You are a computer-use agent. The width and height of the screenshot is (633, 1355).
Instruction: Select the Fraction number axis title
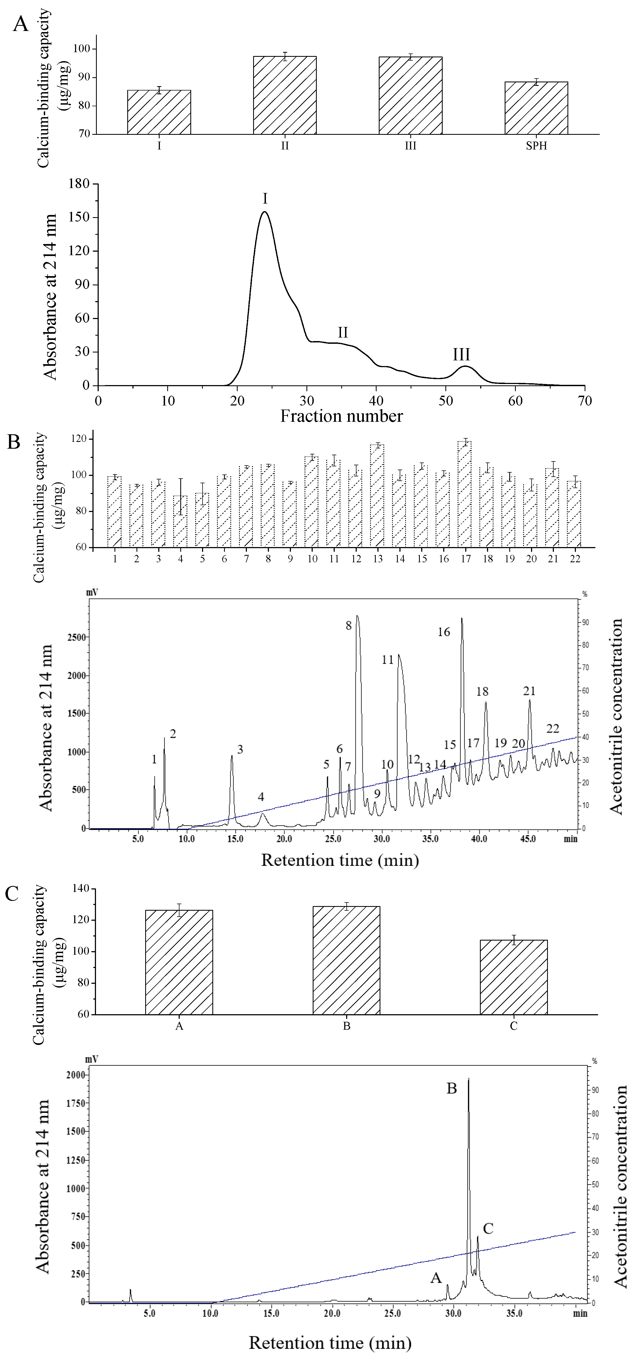(342, 416)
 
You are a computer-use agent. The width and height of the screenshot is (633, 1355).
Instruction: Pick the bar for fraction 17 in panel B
(465, 494)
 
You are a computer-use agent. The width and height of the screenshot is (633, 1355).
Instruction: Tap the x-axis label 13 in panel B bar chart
(378, 559)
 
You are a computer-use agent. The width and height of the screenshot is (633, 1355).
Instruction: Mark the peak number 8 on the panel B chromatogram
(348, 625)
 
